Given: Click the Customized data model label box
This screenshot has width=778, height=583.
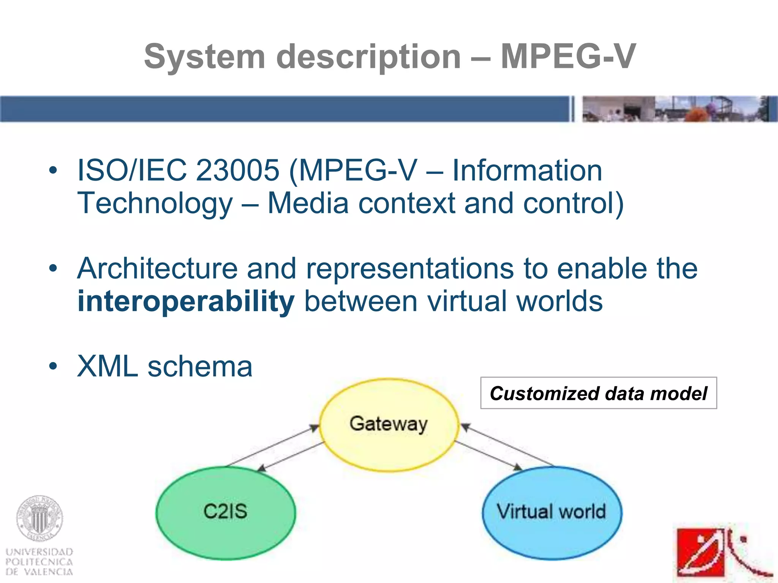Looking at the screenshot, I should [598, 393].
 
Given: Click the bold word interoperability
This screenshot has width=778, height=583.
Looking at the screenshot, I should [186, 301].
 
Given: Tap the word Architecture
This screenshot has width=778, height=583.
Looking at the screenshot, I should [157, 269].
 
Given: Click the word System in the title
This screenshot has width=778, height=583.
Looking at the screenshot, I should [204, 57].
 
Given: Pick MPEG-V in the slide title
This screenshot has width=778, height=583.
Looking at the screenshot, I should [568, 57].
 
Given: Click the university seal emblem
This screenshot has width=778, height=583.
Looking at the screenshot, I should [40, 518].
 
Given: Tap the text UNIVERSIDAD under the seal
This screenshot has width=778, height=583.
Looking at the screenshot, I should [39, 551].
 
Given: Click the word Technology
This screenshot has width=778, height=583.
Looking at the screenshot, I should [155, 203].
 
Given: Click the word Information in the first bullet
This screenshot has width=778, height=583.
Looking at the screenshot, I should [527, 170].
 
